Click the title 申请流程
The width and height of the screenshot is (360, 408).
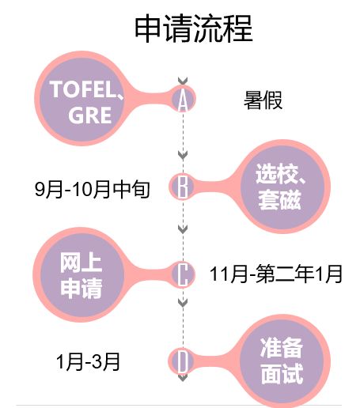click(x=194, y=28)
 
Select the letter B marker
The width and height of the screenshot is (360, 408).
click(x=183, y=187)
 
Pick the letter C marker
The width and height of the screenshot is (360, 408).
click(x=183, y=274)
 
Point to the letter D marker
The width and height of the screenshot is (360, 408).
click(x=183, y=361)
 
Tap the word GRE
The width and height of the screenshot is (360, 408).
click(x=90, y=115)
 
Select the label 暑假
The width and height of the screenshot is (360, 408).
click(x=263, y=100)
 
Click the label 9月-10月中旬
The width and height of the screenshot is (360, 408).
click(x=93, y=189)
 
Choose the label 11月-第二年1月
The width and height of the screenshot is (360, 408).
click(x=276, y=274)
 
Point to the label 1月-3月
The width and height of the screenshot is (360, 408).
click(x=88, y=361)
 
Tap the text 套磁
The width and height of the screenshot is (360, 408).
click(x=280, y=200)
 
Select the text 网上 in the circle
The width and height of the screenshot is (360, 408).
click(x=81, y=263)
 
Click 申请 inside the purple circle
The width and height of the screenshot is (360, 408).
click(x=81, y=289)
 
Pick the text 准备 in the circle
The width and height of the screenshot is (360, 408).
click(x=281, y=347)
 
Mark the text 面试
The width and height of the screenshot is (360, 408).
click(x=282, y=374)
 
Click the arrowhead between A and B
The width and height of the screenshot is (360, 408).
click(x=183, y=155)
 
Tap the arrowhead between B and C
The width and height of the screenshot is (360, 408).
click(x=183, y=229)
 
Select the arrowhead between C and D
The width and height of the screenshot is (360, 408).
click(x=183, y=302)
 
